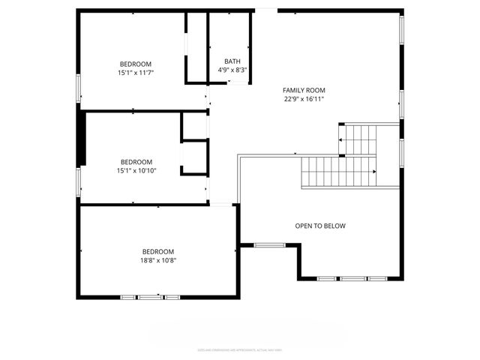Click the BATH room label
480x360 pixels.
[x=232, y=61]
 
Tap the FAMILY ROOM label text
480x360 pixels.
[x=304, y=90]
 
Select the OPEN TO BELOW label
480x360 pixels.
[x=320, y=226]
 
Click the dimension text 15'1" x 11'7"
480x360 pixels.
[x=136, y=73]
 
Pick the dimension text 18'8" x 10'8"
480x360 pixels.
[x=158, y=260]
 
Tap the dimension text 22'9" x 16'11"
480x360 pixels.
[x=304, y=99]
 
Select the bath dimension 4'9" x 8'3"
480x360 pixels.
[x=232, y=70]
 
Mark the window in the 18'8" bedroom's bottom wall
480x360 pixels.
[x=149, y=298]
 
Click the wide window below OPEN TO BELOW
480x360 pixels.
[x=352, y=279]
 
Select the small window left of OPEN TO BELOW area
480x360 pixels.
[x=268, y=244]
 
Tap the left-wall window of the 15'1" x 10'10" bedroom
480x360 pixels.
[x=78, y=181]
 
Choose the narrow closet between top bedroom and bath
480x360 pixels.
[x=196, y=46]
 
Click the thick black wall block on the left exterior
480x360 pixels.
[x=81, y=135]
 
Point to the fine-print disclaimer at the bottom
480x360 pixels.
[x=240, y=349]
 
